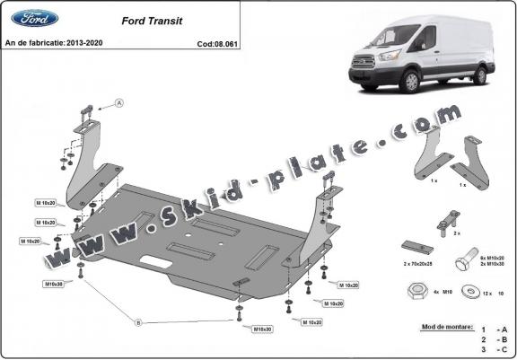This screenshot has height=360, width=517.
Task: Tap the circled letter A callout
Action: [x=120, y=103]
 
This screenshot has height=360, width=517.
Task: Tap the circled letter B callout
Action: [x=136, y=320]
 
